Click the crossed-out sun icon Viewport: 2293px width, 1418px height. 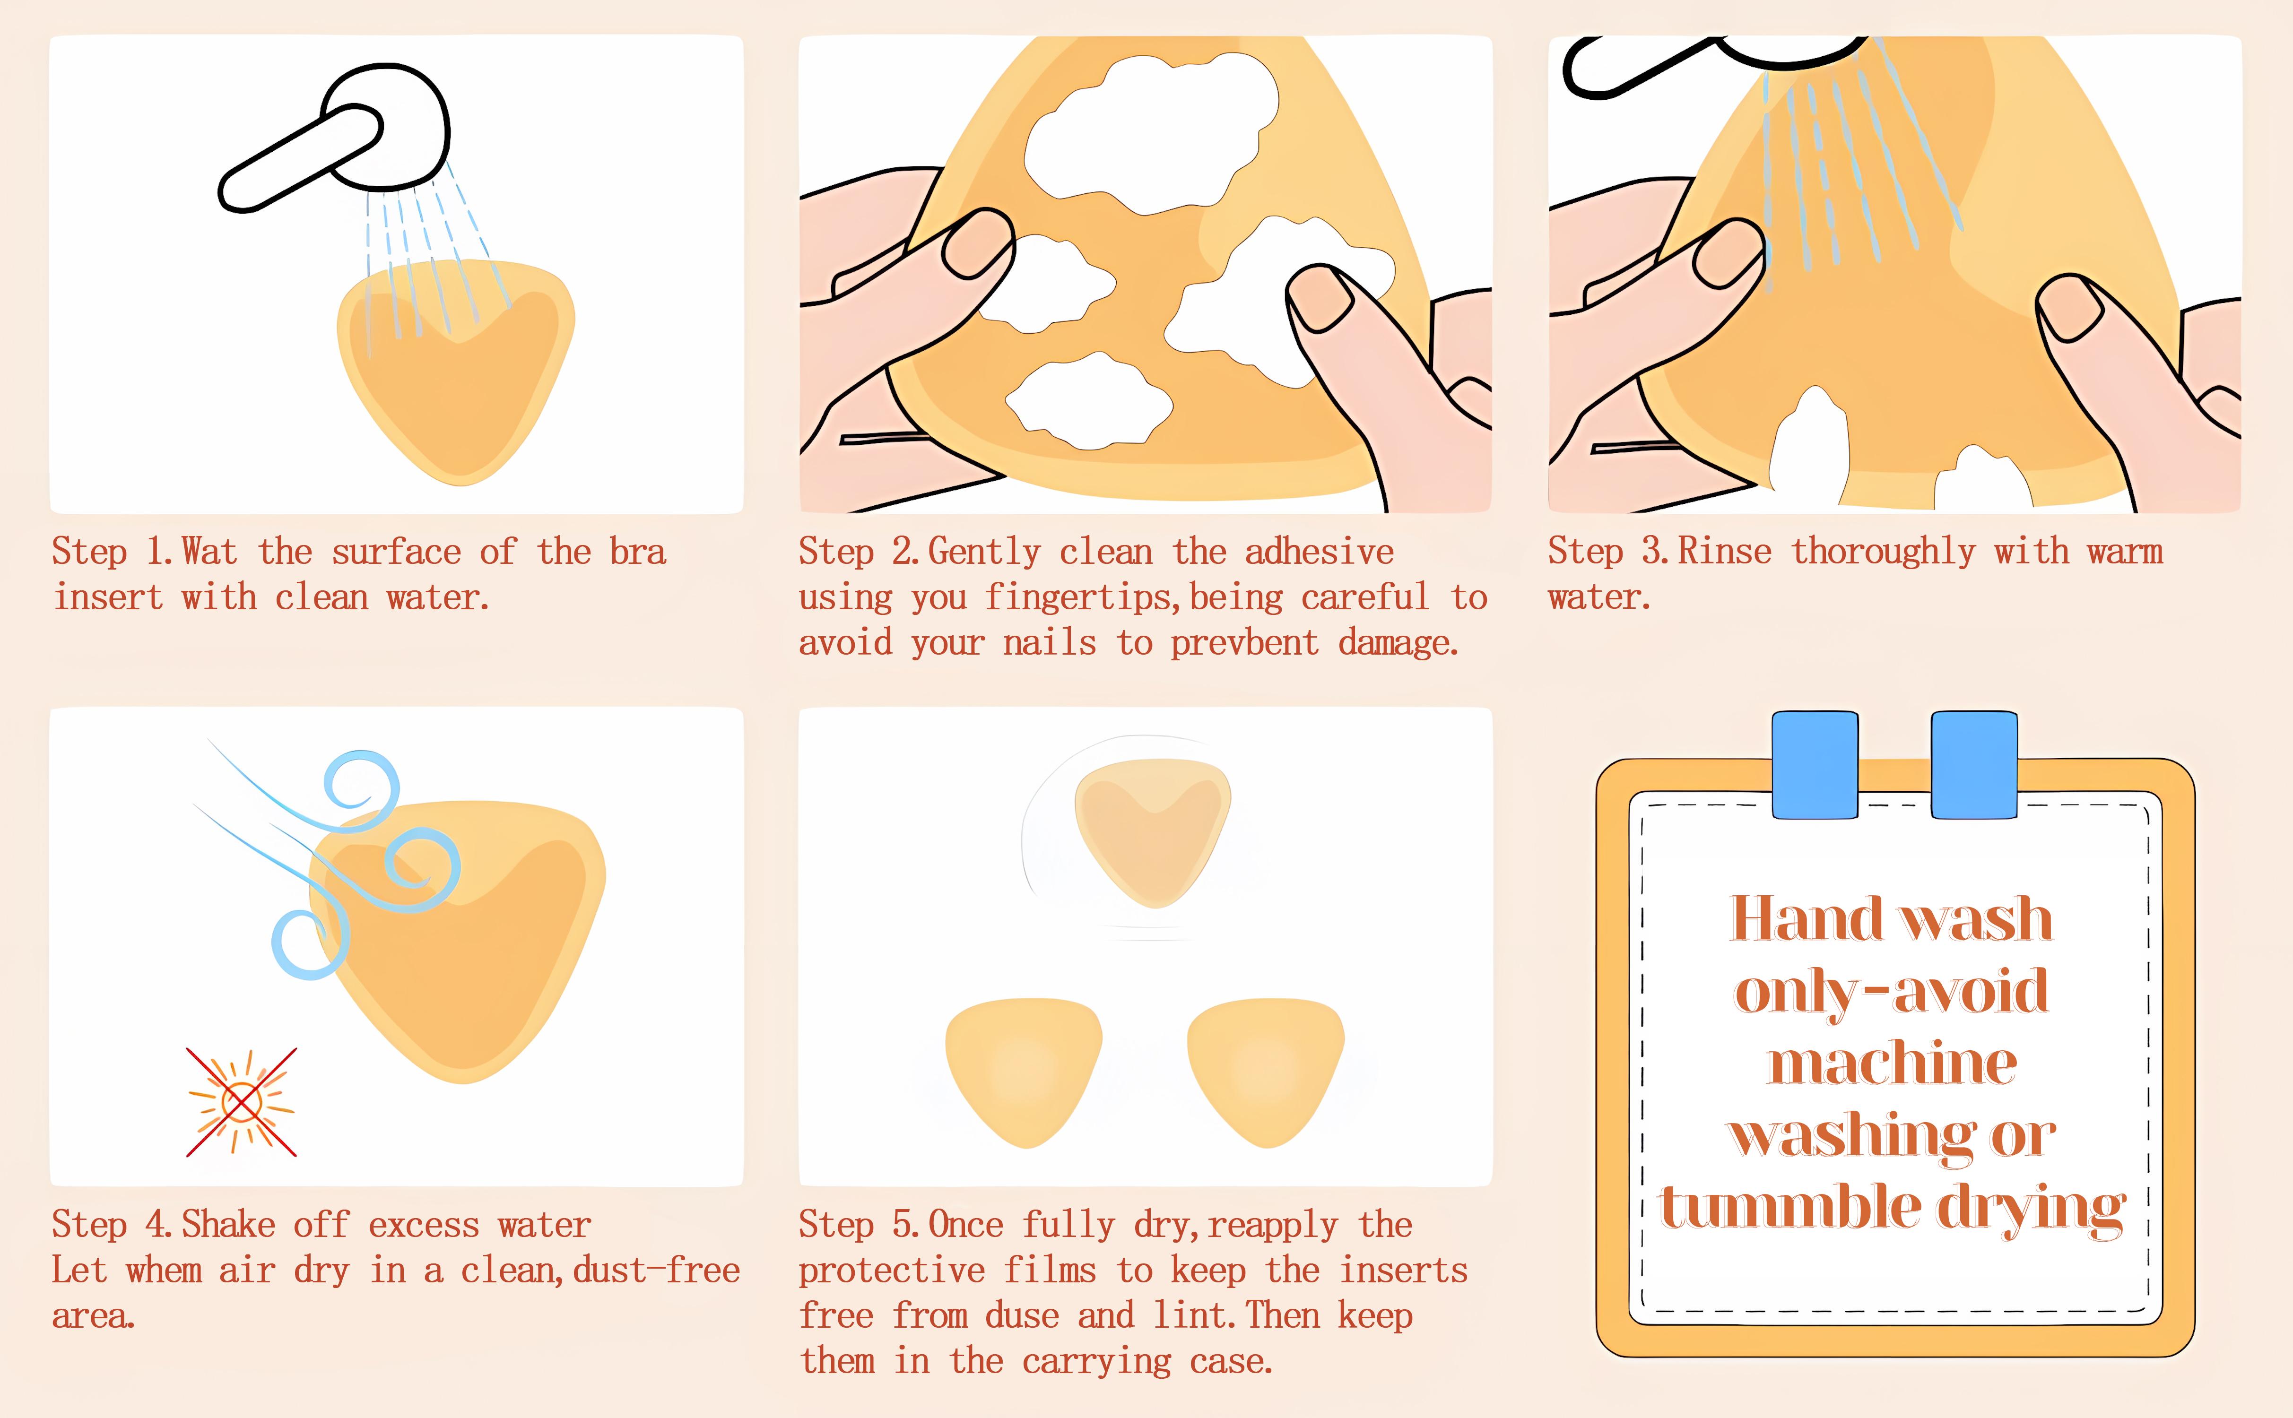pos(241,1102)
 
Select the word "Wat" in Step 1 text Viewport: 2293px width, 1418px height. pos(209,552)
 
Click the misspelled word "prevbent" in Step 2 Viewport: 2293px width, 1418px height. pos(1243,643)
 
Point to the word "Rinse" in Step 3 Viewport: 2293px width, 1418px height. pos(1724,552)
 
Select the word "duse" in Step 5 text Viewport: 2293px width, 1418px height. pos(1021,1316)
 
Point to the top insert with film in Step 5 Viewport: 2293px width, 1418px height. pos(1152,830)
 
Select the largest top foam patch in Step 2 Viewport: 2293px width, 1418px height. pos(1152,127)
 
